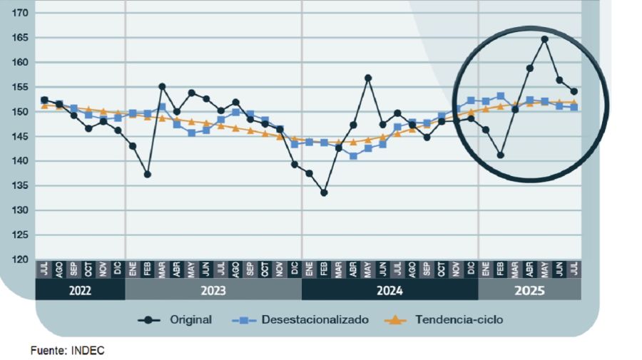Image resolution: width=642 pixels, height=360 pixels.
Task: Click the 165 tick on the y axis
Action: coord(19,38)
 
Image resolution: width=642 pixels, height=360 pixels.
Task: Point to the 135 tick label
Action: coord(19,185)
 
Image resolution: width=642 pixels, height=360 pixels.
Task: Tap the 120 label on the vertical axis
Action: coord(19,259)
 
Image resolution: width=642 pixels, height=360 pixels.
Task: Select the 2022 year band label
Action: coord(80,290)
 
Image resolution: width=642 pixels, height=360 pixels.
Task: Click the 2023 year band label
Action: coord(213,290)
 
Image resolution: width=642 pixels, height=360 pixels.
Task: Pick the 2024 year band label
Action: coord(389,290)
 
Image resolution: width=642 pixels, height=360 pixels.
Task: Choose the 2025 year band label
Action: coord(529,290)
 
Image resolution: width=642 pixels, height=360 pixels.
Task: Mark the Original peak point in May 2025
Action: coord(544,39)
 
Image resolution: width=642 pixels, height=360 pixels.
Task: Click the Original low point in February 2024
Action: coord(324,192)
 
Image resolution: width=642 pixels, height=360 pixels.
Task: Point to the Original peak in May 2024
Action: coord(368,78)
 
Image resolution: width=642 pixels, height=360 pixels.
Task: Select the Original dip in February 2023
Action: coord(148,174)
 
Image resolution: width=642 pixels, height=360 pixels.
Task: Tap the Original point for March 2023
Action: coord(162,86)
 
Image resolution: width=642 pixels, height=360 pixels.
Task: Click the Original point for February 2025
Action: coord(501,155)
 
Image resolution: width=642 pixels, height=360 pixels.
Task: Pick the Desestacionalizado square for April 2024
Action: coord(353,155)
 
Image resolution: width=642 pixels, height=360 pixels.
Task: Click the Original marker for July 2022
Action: coord(44,100)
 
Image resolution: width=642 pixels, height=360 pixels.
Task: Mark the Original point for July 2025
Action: coord(574,91)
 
